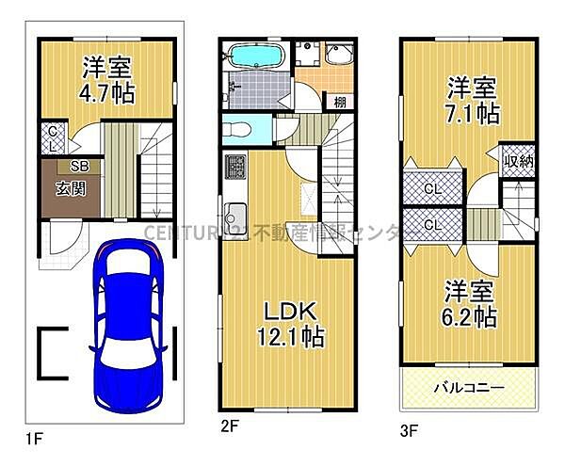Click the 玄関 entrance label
click(58, 185)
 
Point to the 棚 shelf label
click(336, 102)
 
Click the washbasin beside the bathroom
click(336, 56)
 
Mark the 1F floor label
click(35, 439)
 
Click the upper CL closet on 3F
click(433, 187)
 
